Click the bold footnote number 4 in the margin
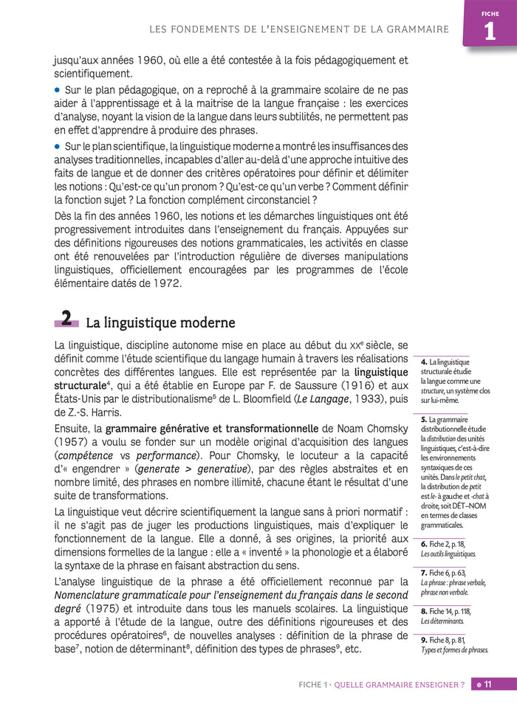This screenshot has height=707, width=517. pyautogui.click(x=424, y=362)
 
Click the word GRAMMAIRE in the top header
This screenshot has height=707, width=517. pyautogui.click(x=414, y=30)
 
